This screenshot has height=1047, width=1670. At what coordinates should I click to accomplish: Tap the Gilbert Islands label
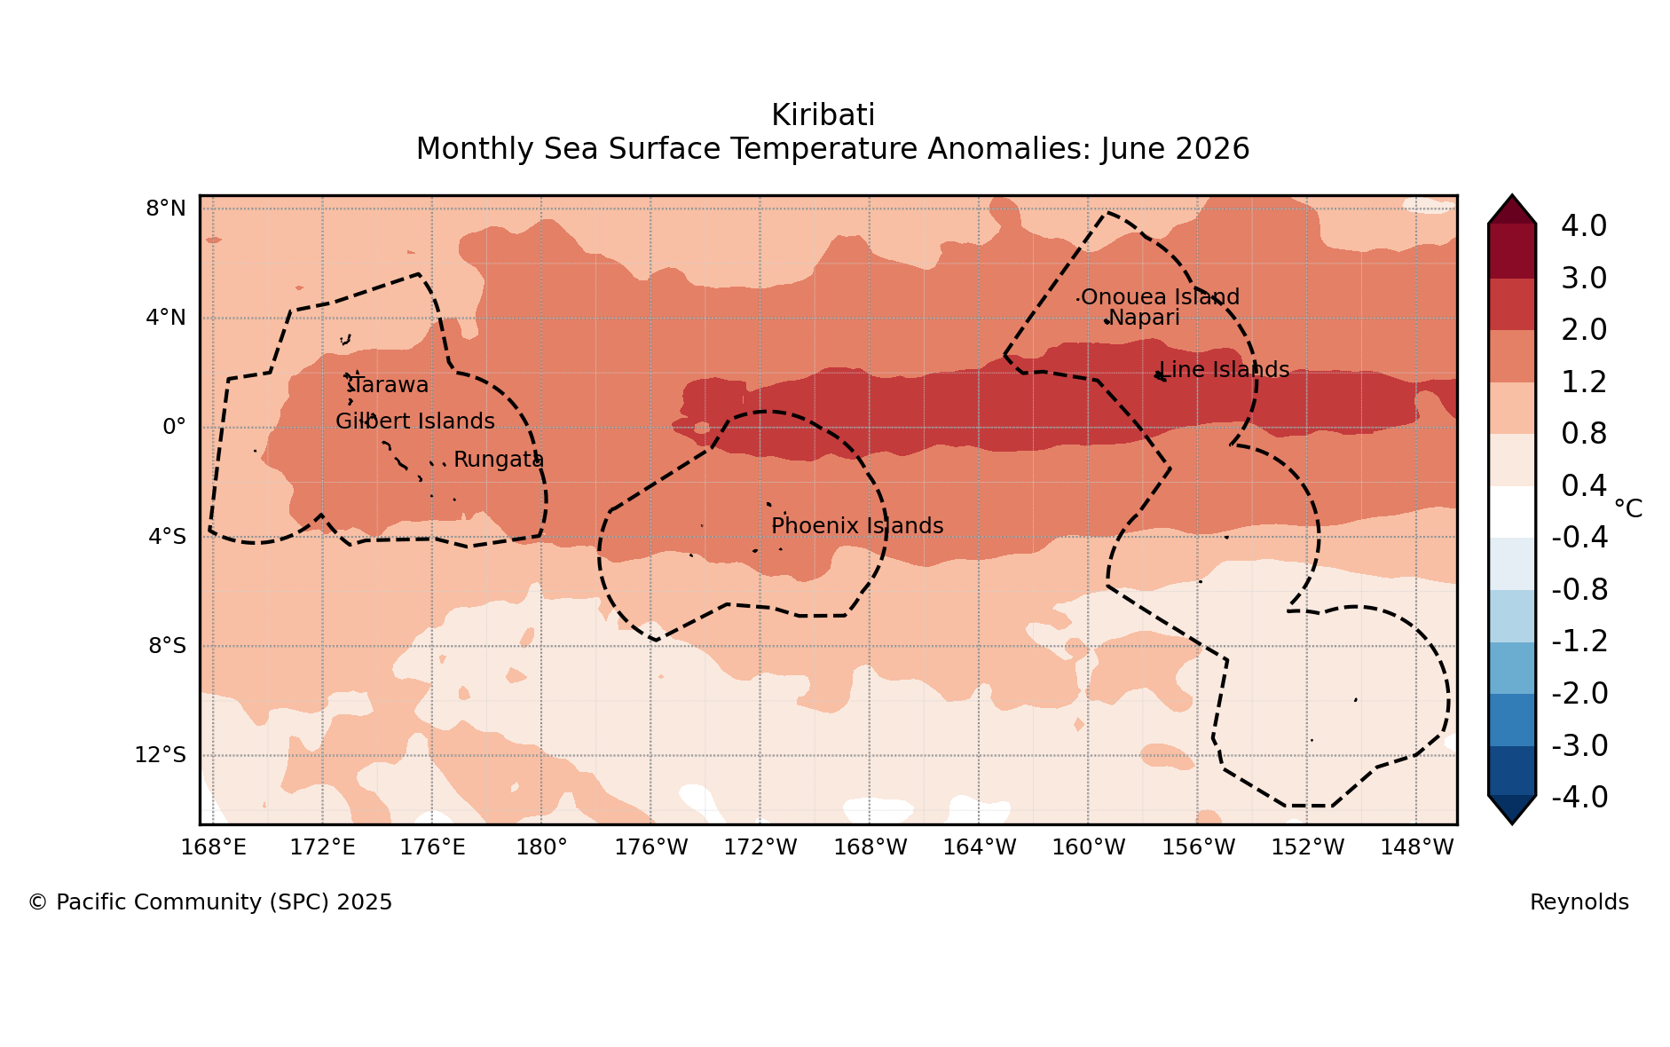[415, 421]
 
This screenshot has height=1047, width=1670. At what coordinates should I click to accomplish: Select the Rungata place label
[499, 460]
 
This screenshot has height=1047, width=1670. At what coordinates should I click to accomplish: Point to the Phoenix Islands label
[857, 526]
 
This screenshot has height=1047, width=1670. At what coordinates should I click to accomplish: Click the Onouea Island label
[1160, 297]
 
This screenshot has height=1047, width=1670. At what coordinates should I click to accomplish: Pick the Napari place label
[1144, 318]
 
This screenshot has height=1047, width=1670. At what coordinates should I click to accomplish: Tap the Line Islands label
[1225, 370]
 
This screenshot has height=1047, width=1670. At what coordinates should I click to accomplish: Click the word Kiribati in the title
[823, 115]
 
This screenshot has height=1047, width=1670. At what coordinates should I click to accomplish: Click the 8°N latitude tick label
[166, 209]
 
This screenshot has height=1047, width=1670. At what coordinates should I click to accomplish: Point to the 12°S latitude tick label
[161, 755]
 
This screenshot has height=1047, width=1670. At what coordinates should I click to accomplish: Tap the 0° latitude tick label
[174, 427]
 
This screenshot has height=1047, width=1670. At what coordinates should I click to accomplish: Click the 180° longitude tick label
[541, 847]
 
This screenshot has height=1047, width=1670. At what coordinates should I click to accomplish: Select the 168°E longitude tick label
[213, 847]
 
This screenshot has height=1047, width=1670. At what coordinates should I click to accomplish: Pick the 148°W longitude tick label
[1417, 847]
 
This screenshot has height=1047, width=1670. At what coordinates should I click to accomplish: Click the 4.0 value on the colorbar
[1584, 226]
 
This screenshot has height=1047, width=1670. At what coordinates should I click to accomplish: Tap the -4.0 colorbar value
[1579, 798]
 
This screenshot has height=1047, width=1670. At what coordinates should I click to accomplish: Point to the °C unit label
[1628, 508]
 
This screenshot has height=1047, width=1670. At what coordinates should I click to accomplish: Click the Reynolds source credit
[1579, 902]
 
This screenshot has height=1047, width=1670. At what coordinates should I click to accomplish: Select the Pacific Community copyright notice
[210, 902]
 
